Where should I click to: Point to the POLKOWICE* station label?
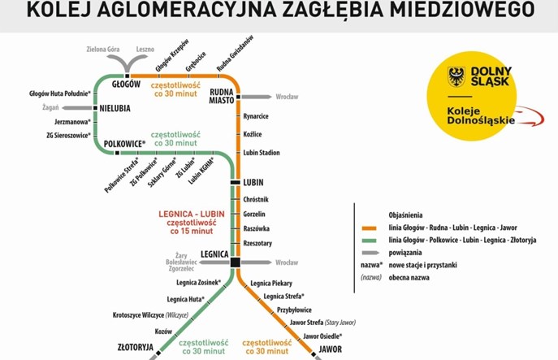pos(125,143)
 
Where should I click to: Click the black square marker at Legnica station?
pos(235,262)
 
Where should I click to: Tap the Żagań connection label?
pos(50,107)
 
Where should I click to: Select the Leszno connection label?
pos(145,49)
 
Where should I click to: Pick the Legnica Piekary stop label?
pos(271,283)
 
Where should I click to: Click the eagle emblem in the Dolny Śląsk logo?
pos(457,77)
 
